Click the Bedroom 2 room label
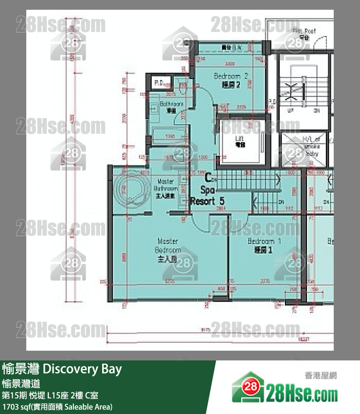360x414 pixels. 231,76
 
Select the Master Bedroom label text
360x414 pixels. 168,245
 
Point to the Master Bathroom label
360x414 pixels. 165,185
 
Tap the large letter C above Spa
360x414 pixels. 208,178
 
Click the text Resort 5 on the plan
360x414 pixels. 207,201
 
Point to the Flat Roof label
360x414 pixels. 304,31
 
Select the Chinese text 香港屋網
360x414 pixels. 321,375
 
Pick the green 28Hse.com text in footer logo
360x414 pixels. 302,392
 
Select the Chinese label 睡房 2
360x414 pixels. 231,85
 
